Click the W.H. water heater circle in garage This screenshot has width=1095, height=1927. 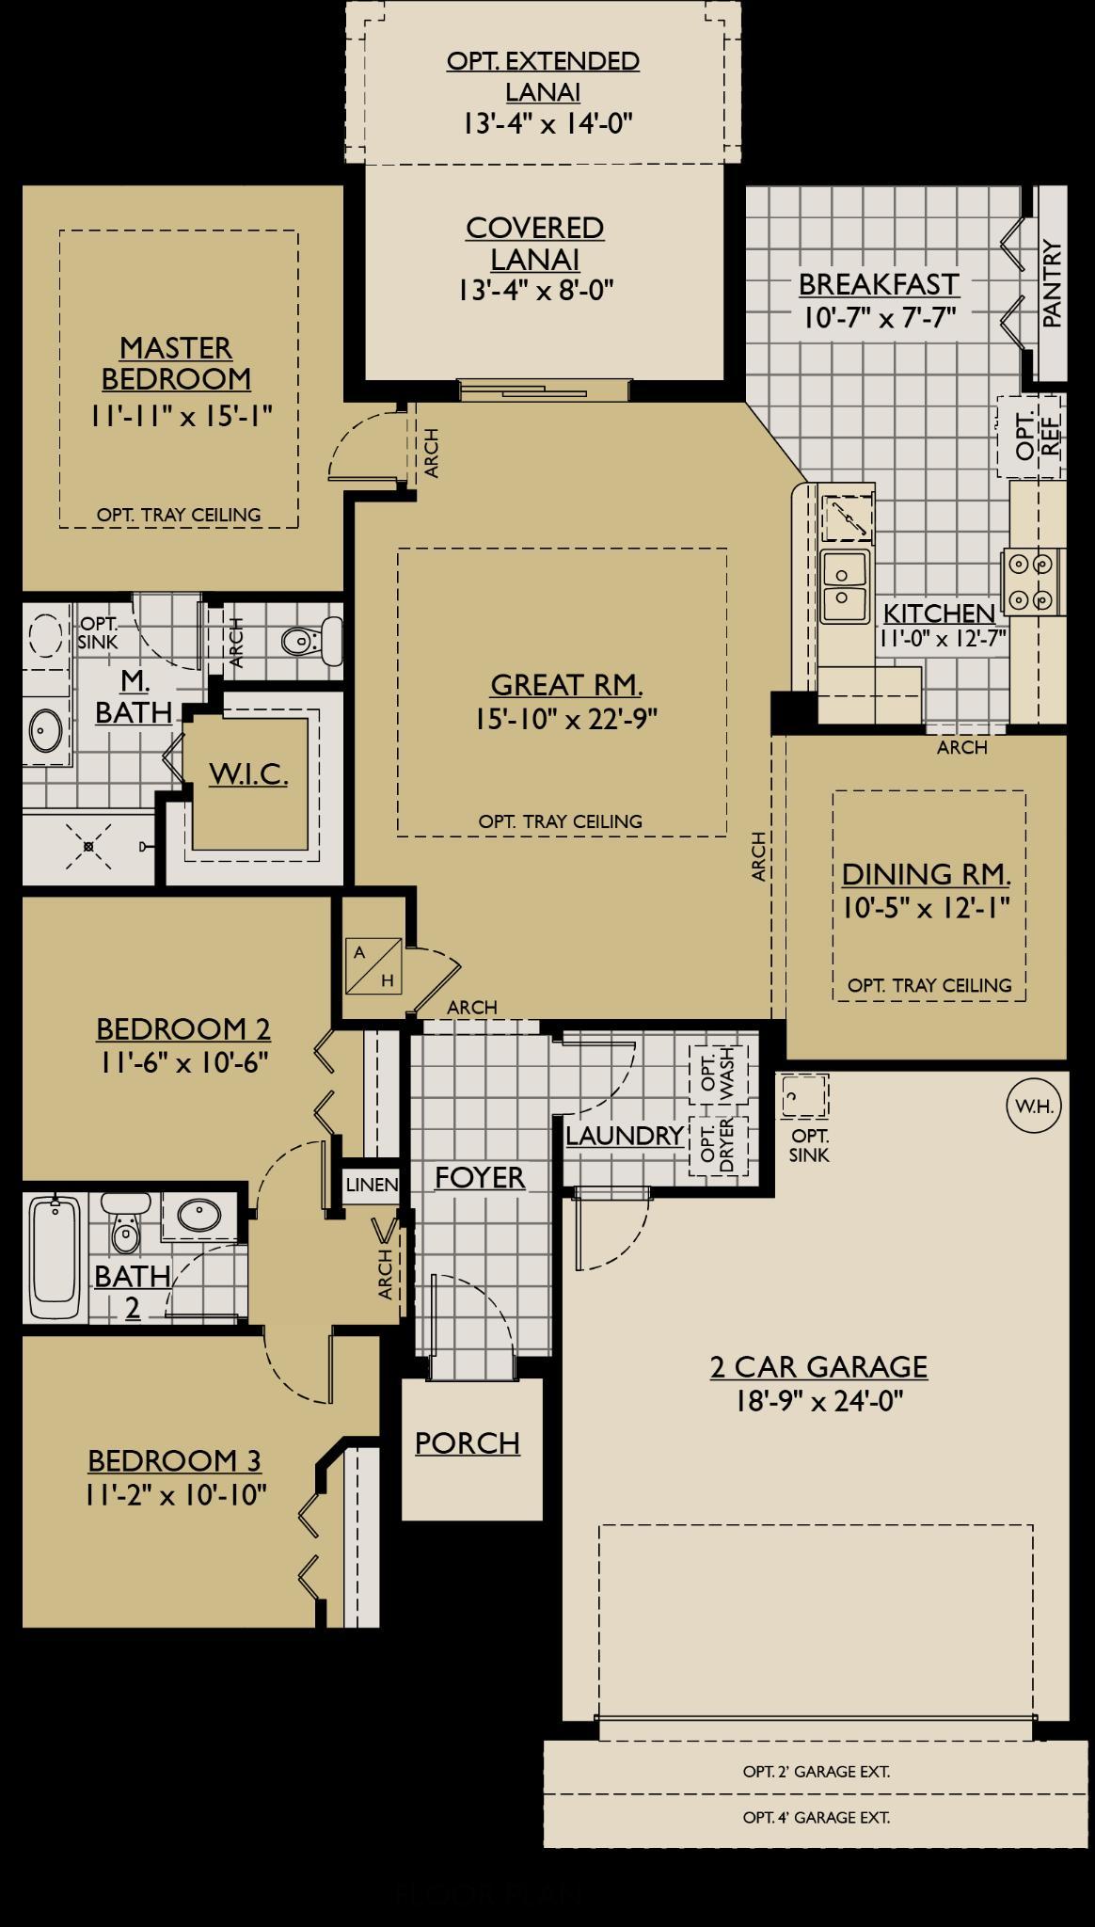pyautogui.click(x=1034, y=1106)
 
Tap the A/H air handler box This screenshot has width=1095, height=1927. pyautogui.click(x=373, y=966)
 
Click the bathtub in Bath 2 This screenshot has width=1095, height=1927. pyautogui.click(x=55, y=1259)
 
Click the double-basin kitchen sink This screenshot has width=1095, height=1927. pyautogui.click(x=844, y=587)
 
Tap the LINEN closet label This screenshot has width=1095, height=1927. pyautogui.click(x=372, y=1185)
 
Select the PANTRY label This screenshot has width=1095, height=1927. pyautogui.click(x=1052, y=284)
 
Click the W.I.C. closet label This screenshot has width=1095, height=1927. pyautogui.click(x=248, y=774)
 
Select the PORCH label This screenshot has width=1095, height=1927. pyautogui.click(x=468, y=1442)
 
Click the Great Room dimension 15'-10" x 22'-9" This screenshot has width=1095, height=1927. pyautogui.click(x=565, y=719)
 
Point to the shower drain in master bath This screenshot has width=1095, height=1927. pyautogui.click(x=88, y=847)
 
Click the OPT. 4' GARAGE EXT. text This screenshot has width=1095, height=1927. pyautogui.click(x=816, y=1817)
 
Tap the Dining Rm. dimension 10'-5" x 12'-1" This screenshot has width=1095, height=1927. pyautogui.click(x=926, y=908)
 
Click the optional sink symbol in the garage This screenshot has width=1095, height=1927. pyautogui.click(x=805, y=1096)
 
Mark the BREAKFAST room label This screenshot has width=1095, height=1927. pyautogui.click(x=879, y=284)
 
